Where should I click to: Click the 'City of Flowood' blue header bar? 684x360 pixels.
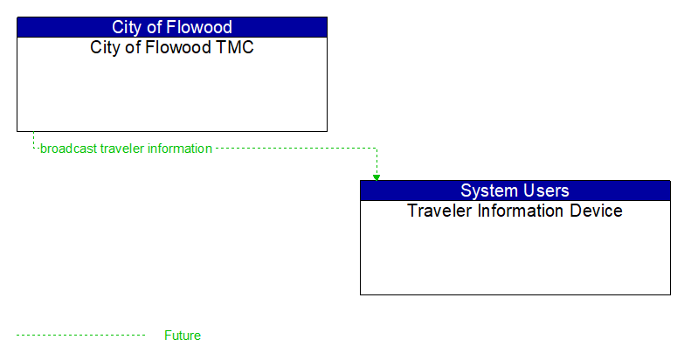pos(172,27)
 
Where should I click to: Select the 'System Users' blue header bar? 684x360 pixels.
pos(515,190)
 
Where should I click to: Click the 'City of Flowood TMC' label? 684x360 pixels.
pos(172,47)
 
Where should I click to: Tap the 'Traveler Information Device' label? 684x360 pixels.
pos(515,211)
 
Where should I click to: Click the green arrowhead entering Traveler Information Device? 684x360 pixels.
pos(377,177)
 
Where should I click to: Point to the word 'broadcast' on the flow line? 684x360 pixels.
pos(68,149)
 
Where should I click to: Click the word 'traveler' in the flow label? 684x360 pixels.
pos(121,149)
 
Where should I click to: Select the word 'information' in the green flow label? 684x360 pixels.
pos(179,149)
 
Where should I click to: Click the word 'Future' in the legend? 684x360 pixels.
pos(183,336)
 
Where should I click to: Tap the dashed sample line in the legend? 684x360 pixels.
pos(80,336)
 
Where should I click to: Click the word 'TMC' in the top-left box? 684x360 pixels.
pos(235,47)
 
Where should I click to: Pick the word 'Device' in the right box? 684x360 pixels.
pos(596,211)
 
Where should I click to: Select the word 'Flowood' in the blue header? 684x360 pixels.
pos(200,27)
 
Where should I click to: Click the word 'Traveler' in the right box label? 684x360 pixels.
pos(439,211)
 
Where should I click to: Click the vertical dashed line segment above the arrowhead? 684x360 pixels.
pos(377,161)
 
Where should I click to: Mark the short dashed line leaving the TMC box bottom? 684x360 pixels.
pos(33,140)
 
